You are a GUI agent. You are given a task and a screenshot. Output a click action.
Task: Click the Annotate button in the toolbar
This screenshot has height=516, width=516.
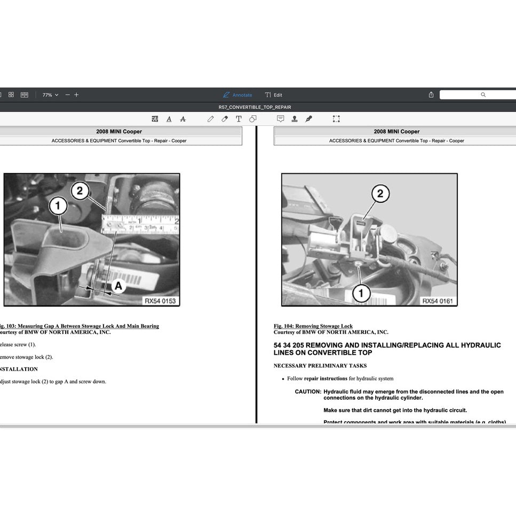(x=237, y=95)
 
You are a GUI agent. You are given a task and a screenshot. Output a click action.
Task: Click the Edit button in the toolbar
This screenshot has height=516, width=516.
(x=274, y=95)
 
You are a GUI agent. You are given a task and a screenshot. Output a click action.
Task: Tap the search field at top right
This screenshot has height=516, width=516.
(x=478, y=94)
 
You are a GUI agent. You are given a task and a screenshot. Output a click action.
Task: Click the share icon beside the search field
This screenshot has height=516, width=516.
(x=431, y=94)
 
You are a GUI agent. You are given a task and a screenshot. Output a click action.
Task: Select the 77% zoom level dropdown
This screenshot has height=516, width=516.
(x=50, y=95)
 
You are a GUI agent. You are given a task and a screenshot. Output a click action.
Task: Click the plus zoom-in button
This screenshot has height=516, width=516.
(x=76, y=94)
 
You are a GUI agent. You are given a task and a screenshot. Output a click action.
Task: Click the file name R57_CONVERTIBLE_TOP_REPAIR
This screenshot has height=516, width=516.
(x=255, y=107)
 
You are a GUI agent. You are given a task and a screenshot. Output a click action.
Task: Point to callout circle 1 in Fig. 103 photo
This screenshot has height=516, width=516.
(x=58, y=205)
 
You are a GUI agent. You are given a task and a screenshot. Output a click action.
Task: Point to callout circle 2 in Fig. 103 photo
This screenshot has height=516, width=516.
(x=80, y=190)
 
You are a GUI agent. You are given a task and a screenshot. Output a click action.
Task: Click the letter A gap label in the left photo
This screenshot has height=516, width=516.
(x=118, y=286)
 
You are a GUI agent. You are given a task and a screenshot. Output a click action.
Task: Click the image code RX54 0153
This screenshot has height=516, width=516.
(x=160, y=301)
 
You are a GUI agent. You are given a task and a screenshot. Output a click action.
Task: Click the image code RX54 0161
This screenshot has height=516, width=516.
(x=438, y=301)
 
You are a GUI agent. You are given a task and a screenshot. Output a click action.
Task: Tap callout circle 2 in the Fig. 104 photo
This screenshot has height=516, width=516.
(x=380, y=193)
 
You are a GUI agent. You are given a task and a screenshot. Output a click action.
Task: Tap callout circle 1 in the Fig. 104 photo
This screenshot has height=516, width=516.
(x=361, y=292)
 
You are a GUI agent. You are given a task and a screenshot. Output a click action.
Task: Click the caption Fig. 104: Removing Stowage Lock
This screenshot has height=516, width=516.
(x=313, y=326)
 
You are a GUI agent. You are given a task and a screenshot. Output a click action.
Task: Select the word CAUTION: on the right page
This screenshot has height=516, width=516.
(x=308, y=392)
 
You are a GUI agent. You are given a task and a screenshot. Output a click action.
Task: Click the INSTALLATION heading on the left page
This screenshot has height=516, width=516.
(x=18, y=369)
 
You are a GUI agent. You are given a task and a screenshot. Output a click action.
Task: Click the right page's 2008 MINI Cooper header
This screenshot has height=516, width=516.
(x=396, y=131)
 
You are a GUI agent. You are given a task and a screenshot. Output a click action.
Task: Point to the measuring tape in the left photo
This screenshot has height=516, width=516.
(x=140, y=224)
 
